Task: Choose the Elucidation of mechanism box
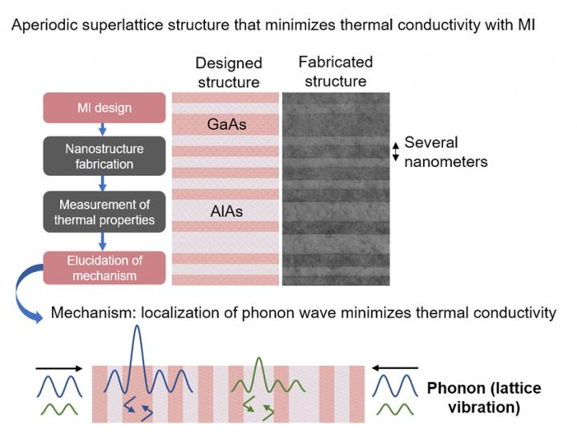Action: click(104, 268)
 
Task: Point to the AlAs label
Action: click(227, 212)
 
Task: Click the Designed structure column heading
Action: click(228, 73)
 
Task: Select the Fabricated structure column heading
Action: click(335, 71)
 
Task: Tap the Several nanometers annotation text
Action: click(446, 152)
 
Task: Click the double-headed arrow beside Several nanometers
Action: click(393, 151)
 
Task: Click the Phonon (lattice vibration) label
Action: click(483, 398)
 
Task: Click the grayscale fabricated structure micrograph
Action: click(336, 189)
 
